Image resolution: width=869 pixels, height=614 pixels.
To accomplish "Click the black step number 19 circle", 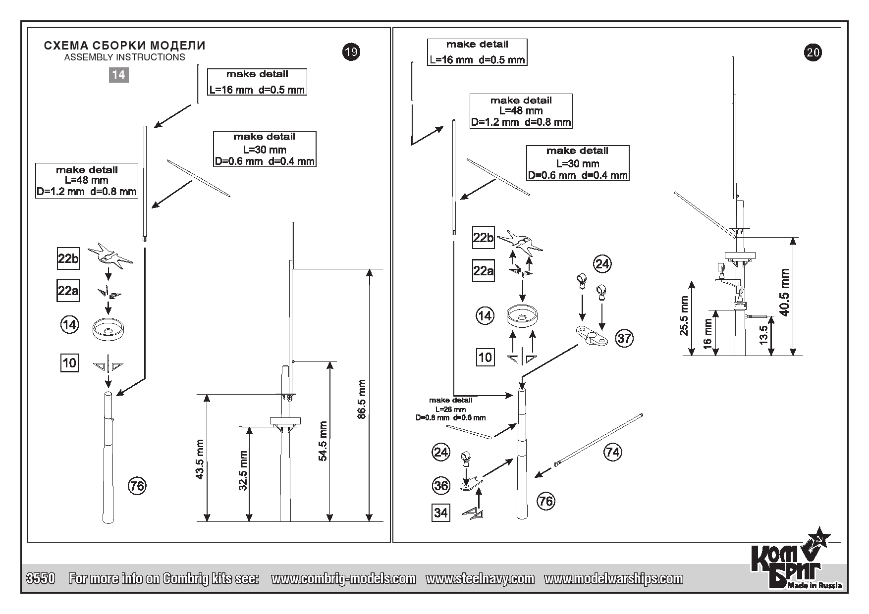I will tap(351, 52).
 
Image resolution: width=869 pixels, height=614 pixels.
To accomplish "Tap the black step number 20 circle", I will tap(814, 52).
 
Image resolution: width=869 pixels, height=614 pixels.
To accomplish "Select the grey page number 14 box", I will tap(118, 75).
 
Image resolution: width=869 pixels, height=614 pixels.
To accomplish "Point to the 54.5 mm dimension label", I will tap(323, 441).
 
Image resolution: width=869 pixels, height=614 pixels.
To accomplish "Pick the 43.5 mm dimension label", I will tap(200, 459).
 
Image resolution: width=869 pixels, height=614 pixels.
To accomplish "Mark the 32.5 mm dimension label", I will tap(243, 470).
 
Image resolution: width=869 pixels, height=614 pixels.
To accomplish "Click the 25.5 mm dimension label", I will tap(685, 316).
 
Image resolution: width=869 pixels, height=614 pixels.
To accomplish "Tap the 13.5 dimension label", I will tap(763, 335).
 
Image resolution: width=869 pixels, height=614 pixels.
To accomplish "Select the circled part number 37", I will tap(624, 338).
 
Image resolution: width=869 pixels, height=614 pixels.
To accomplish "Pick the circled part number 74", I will tap(613, 452).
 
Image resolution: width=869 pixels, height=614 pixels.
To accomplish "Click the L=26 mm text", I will tap(450, 409).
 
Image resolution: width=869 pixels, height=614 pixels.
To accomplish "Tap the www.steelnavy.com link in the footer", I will tap(480, 578).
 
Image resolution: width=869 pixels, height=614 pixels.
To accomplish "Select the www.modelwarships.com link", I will tap(613, 578).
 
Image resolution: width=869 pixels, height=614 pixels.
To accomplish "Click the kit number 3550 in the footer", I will tap(40, 578).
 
